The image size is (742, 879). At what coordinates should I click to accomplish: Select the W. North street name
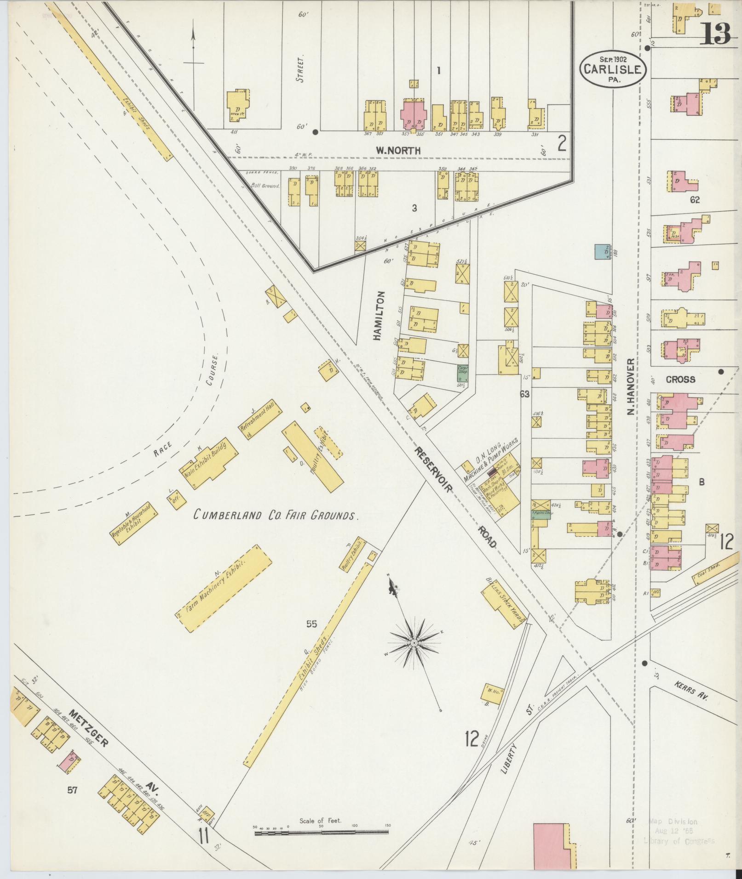tap(398, 150)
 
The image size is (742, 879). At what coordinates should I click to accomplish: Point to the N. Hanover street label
tap(630, 387)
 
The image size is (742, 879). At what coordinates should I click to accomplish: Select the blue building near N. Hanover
tap(602, 252)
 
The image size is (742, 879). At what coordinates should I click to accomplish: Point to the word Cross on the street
tap(680, 380)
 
